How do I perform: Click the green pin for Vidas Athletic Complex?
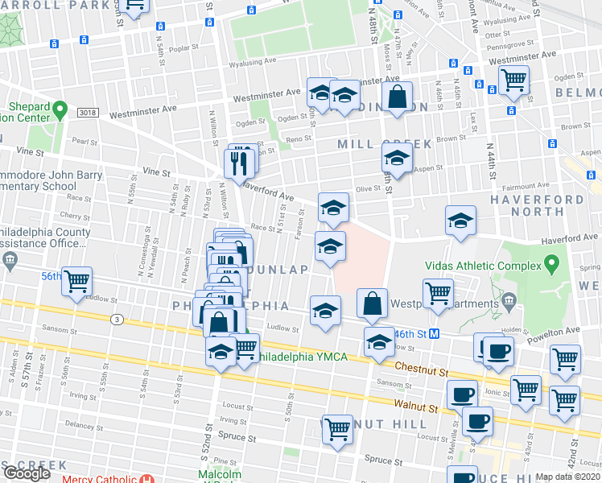click(551, 263)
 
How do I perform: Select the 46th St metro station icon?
click(433, 332)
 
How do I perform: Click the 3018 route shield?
click(89, 113)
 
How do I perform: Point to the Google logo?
click(27, 473)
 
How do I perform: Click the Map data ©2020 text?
click(567, 477)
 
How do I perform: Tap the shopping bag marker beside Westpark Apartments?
click(372, 303)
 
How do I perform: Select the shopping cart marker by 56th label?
click(76, 283)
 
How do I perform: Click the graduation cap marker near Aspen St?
click(396, 157)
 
